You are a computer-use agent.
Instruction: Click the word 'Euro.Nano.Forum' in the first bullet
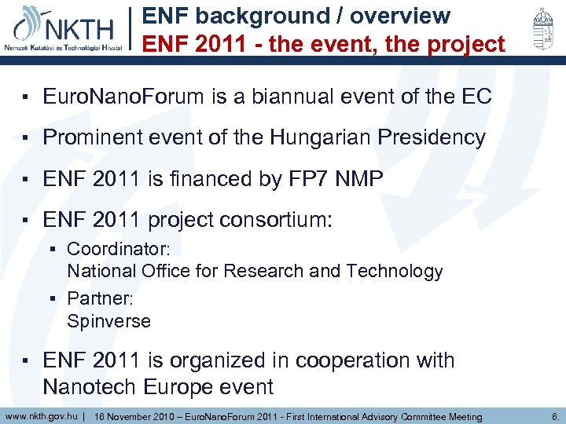tap(123, 97)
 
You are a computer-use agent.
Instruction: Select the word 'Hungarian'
tap(322, 137)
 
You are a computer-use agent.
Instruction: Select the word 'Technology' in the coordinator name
tap(400, 271)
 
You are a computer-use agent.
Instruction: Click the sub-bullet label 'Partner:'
tap(97, 299)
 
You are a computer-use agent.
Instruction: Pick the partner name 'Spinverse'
tap(108, 320)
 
